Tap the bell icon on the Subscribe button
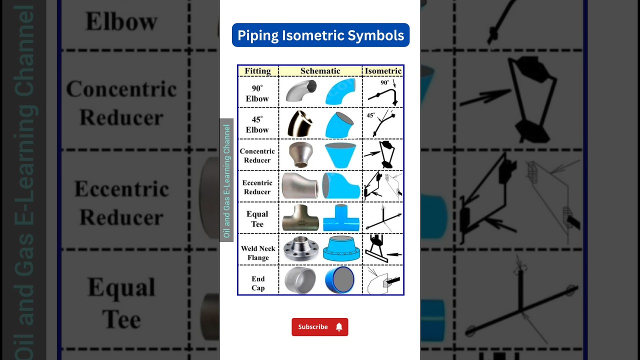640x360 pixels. (x=339, y=327)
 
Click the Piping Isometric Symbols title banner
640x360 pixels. (x=320, y=35)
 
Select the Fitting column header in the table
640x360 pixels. (x=258, y=71)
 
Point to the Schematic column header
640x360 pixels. (x=320, y=71)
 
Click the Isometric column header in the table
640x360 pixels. (x=383, y=71)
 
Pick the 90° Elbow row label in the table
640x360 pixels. (x=257, y=93)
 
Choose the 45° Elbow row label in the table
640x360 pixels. (x=257, y=124)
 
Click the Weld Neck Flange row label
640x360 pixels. (x=258, y=253)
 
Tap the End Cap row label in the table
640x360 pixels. (x=258, y=283)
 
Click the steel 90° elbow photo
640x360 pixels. (x=301, y=91)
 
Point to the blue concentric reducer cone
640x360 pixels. (x=340, y=155)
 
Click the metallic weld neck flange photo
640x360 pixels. (x=300, y=249)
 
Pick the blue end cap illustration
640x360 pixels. (x=340, y=280)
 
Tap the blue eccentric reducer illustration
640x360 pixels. (x=340, y=185)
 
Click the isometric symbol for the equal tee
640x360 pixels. (x=382, y=217)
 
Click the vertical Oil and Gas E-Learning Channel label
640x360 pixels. (x=226, y=180)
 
